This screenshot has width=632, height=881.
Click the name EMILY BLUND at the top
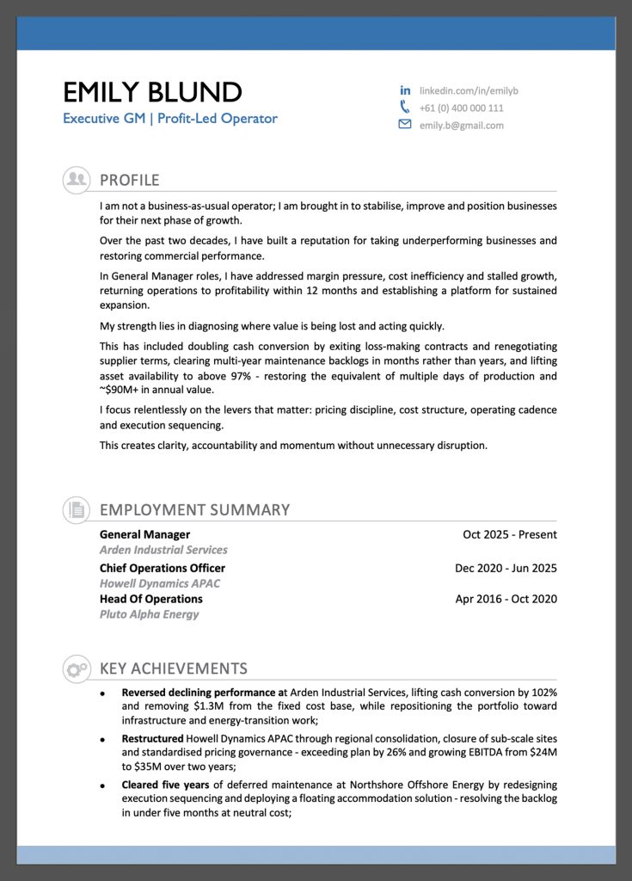point(152,91)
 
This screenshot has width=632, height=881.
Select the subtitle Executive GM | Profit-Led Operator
point(169,119)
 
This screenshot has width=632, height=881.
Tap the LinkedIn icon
point(405,90)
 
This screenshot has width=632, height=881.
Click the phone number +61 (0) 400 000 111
point(461,108)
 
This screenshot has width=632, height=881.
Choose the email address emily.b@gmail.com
point(461,126)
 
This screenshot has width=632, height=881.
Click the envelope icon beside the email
point(405,125)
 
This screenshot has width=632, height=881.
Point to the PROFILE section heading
point(130,180)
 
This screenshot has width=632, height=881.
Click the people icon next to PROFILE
point(77,179)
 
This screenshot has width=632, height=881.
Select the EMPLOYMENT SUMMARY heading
point(194,509)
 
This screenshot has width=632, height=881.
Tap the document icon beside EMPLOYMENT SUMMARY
point(77,509)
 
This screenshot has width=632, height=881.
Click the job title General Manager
point(144,534)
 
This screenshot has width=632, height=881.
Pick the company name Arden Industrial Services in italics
point(163,550)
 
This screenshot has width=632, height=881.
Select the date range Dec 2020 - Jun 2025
point(506,568)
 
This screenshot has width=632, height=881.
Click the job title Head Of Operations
point(150,599)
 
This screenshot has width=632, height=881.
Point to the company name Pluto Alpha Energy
point(149,614)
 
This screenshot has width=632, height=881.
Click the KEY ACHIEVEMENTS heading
point(174,668)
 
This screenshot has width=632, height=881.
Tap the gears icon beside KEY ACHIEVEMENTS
point(77,668)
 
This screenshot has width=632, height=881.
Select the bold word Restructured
point(152,738)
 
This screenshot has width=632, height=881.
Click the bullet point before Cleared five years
point(102,786)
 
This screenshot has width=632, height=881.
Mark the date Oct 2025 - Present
point(509,534)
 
